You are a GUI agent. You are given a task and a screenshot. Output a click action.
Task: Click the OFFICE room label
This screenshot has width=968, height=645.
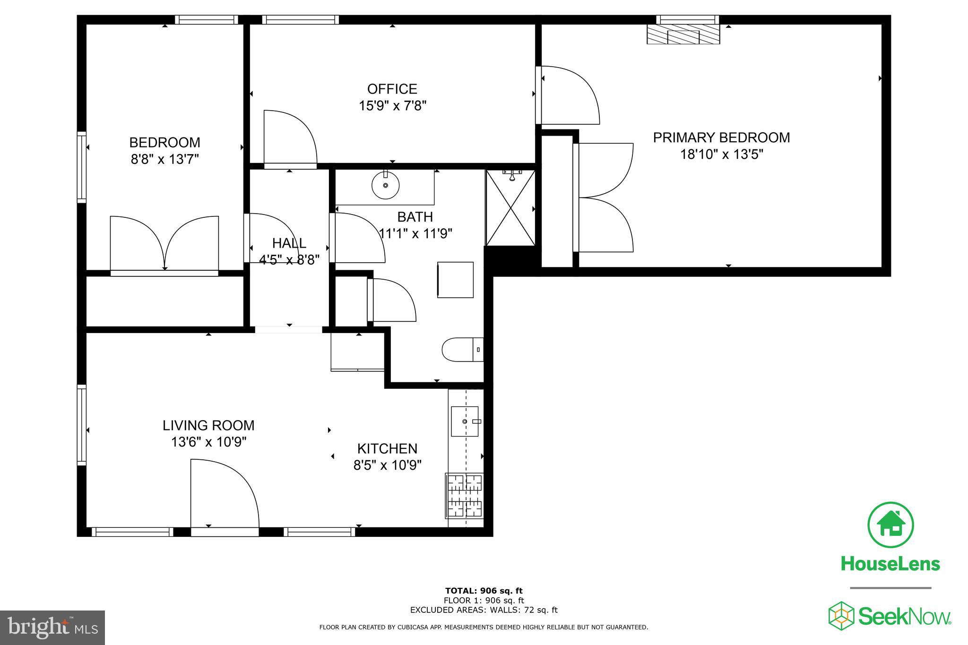[x=392, y=89]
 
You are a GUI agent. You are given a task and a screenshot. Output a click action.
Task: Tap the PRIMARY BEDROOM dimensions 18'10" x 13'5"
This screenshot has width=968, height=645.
[x=721, y=155]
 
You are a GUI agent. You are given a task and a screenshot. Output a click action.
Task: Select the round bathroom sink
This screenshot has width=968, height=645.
[x=385, y=186]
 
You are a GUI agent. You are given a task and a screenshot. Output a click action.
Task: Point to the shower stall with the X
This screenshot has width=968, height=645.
[x=510, y=208]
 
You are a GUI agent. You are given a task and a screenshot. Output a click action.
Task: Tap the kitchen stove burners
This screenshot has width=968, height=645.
[x=465, y=496]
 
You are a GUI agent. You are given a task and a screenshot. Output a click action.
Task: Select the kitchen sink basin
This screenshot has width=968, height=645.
[x=464, y=421]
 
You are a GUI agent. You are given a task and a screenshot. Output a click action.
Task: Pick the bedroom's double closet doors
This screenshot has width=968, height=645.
[x=164, y=243]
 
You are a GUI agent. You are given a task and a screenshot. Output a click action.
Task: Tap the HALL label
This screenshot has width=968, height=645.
[x=289, y=243]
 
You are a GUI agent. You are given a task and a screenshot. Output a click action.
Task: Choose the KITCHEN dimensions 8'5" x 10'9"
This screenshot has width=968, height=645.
[x=387, y=465]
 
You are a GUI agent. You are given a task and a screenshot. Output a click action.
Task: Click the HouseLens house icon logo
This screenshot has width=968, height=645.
[x=890, y=525]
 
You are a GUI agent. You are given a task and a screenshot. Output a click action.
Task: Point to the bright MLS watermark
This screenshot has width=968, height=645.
[x=52, y=628]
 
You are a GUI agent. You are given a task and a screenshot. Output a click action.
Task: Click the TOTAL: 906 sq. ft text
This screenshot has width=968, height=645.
[x=484, y=591]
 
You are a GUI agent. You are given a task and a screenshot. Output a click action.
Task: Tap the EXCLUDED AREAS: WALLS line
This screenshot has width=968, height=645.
[x=484, y=610]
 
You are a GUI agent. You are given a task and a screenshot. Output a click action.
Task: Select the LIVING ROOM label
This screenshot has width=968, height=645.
[x=208, y=425]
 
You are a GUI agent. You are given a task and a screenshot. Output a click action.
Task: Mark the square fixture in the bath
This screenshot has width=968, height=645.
[x=455, y=280]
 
